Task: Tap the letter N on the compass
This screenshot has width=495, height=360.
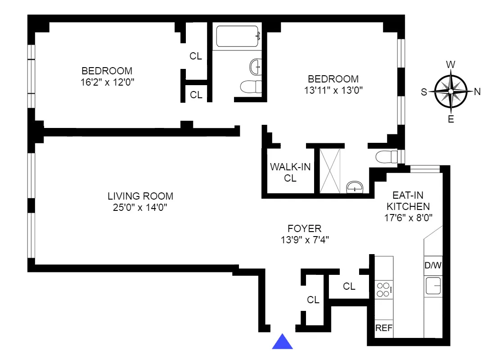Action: pyautogui.click(x=477, y=91)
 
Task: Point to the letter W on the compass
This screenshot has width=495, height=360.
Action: pyautogui.click(x=450, y=65)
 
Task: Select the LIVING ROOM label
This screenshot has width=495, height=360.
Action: pyautogui.click(x=140, y=196)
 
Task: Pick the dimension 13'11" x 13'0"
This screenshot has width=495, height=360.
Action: pyautogui.click(x=333, y=90)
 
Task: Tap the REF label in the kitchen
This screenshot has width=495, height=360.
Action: pyautogui.click(x=384, y=328)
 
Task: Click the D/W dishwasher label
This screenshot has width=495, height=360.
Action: pyautogui.click(x=433, y=265)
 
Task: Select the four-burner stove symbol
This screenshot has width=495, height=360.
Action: pyautogui.click(x=383, y=289)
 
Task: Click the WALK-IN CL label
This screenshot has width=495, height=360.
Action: pyautogui.click(x=290, y=173)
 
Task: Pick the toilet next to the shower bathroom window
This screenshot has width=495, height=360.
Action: pyautogui.click(x=386, y=157)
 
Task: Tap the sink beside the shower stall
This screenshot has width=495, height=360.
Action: pyautogui.click(x=355, y=187)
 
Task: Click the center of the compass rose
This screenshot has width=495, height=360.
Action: pyautogui.click(x=450, y=91)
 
